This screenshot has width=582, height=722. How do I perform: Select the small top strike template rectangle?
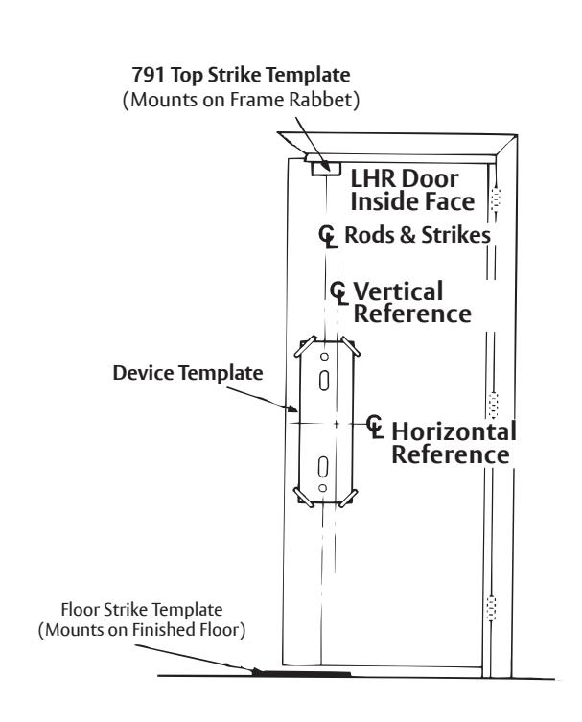coord(325,168)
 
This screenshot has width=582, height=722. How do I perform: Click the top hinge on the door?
coord(496,199)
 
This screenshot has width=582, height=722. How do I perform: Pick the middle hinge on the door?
coord(493,406)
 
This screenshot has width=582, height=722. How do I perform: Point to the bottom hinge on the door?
coord(491,607)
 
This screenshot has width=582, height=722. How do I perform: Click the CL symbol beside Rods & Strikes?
coord(328,236)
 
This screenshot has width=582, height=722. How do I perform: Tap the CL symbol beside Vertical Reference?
coord(339,293)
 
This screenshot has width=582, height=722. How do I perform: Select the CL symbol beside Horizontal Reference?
coord(375,427)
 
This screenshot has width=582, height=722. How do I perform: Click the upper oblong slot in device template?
coord(325,381)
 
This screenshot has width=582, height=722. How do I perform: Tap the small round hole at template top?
coord(325,356)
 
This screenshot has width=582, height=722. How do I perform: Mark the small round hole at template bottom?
coord(323,488)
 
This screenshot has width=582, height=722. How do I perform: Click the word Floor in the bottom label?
coord(81,610)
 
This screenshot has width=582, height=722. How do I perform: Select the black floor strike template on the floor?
coord(302,673)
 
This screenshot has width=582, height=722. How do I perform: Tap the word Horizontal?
coord(454,431)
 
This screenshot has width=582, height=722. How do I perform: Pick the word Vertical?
coord(398,291)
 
